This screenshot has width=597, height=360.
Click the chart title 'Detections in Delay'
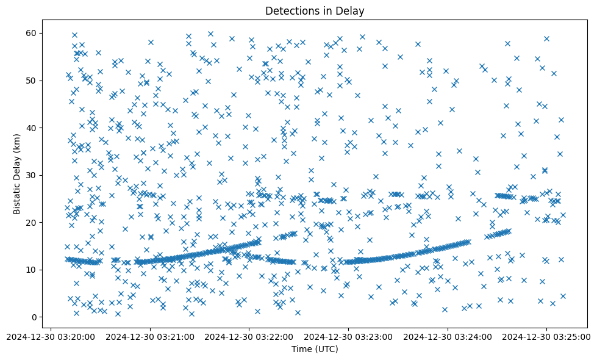coord(315,11)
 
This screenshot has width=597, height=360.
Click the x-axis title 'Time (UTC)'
coord(315,349)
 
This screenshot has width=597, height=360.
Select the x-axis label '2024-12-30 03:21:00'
coord(150,336)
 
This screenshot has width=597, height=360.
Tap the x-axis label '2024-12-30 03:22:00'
coord(249,336)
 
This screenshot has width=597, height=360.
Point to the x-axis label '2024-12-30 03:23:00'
coord(349,336)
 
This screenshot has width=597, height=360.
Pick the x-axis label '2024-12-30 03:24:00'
coord(448,336)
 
